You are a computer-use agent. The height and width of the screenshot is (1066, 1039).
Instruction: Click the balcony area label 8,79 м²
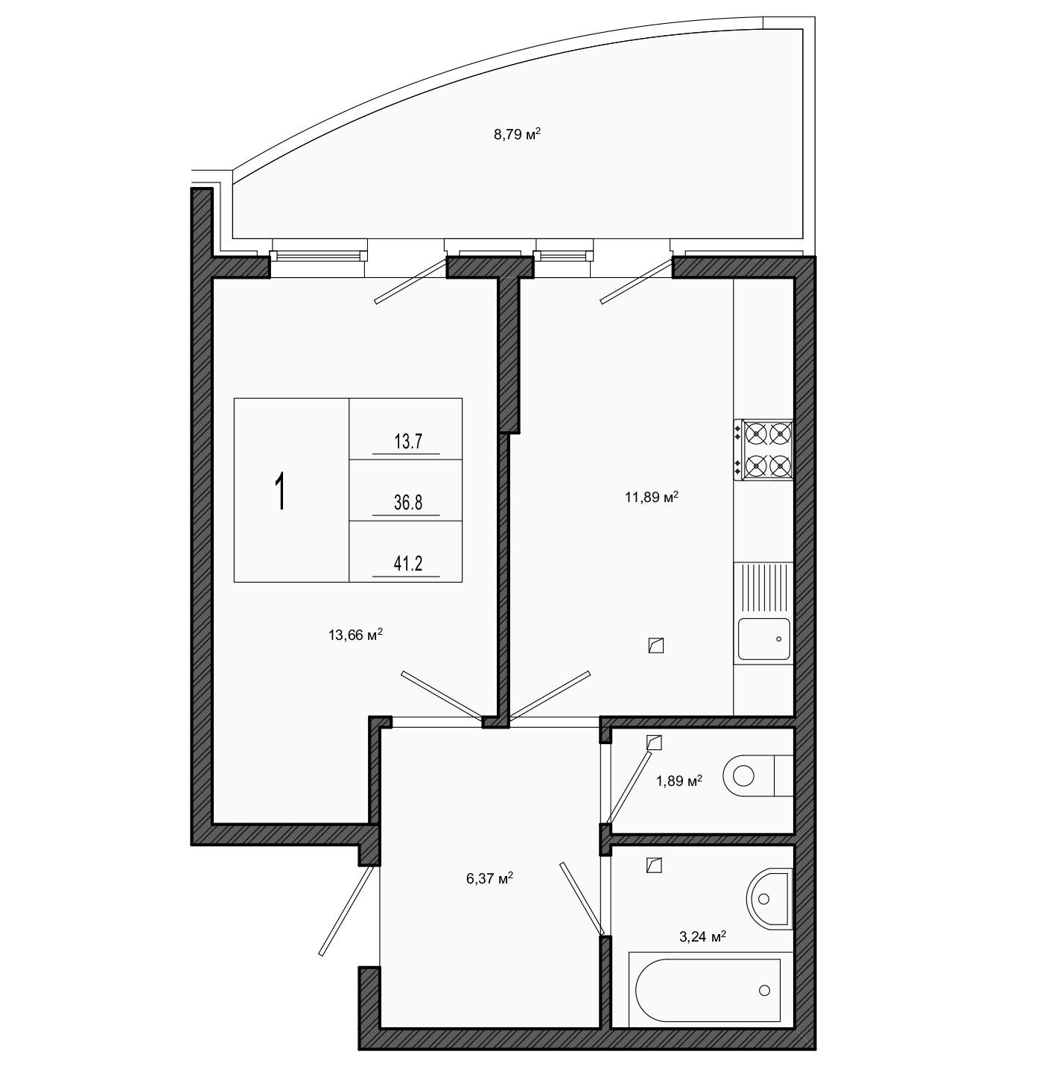point(517,134)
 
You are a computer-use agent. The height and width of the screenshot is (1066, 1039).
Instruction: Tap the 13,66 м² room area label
point(355,635)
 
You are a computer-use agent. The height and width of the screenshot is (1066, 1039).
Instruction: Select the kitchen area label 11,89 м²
point(652,497)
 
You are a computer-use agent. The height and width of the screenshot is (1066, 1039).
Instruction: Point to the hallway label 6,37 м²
point(489,879)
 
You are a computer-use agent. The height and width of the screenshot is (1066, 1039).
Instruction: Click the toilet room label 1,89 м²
point(679,781)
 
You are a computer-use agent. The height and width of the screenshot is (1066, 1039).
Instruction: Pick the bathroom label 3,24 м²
point(702,936)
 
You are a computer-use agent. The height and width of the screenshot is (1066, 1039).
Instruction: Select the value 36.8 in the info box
point(408,502)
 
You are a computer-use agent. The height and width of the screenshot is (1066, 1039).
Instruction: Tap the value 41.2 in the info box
point(408,563)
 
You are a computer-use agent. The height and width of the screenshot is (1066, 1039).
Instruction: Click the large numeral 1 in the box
point(281,492)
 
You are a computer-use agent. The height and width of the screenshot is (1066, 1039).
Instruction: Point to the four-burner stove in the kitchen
point(764,450)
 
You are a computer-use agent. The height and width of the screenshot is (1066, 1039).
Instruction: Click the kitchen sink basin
point(764,639)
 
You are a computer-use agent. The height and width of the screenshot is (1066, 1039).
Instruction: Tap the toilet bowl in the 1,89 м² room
point(758,775)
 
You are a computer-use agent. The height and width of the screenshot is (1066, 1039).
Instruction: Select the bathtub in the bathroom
point(711,991)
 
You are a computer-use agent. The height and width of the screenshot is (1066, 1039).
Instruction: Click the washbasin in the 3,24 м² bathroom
point(769,898)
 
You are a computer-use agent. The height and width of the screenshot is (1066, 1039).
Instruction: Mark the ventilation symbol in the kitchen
point(655,645)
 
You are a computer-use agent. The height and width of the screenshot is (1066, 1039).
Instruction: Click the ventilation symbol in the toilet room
point(654,742)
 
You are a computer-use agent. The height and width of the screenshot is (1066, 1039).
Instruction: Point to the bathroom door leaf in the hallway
point(582,899)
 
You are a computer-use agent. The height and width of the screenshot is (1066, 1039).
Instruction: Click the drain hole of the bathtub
point(764,991)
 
